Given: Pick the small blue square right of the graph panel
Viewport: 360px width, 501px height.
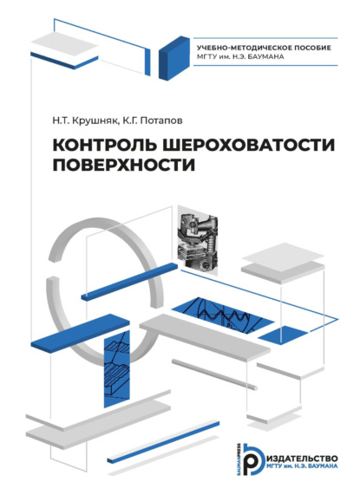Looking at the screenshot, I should point(273,334).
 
